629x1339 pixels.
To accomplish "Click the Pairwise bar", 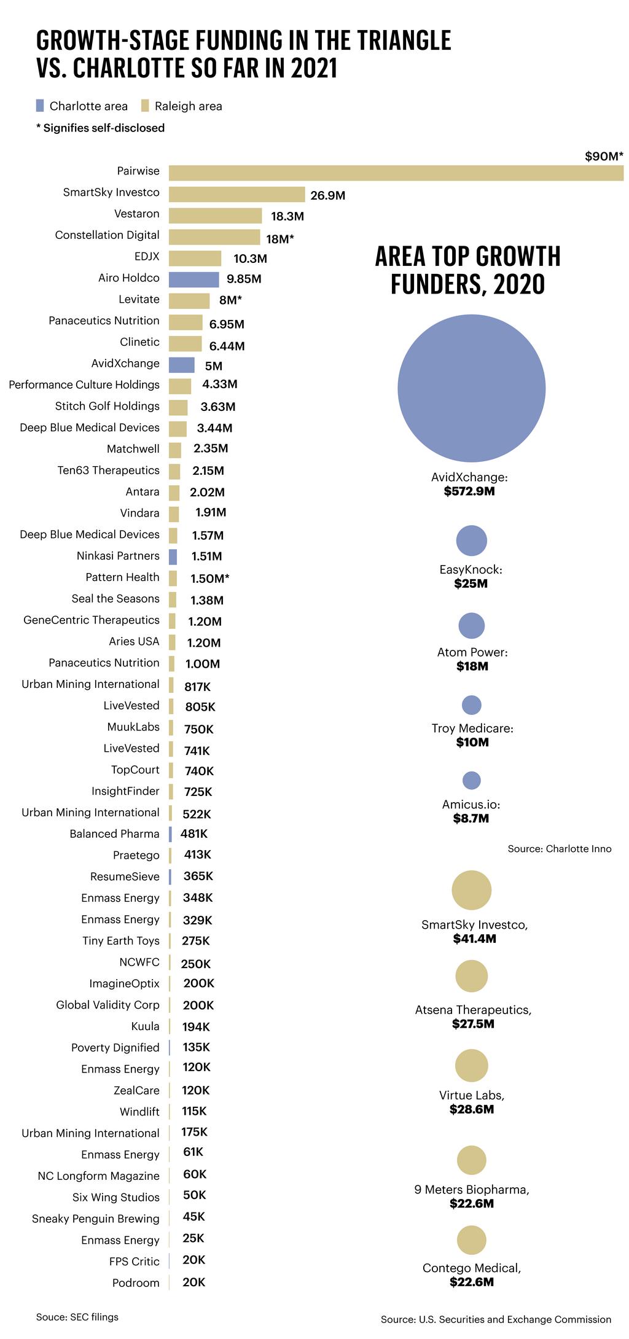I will coord(396,173).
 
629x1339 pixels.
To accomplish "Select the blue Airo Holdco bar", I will coord(193,279).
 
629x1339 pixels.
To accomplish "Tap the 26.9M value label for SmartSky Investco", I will coord(327,195).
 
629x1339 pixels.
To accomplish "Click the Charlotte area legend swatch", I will coord(40,106).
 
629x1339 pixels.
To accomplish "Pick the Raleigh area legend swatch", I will coord(145,106).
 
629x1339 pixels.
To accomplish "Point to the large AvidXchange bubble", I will coord(471,388).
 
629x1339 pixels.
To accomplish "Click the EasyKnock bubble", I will coord(471,541).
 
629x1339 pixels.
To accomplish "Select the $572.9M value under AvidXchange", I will coord(469,491).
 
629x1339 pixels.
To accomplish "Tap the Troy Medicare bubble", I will coord(471,705).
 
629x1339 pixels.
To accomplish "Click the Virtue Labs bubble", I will coord(471,1065).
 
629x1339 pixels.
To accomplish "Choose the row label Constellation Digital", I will coord(107,235).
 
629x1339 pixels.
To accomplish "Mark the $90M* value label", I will coord(604,156).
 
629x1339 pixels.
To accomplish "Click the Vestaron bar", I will coord(215,216).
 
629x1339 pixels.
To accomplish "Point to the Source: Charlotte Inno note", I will coord(559,848).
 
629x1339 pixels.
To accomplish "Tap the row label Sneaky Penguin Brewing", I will coord(95,1219).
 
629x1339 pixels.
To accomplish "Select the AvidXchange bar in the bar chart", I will coord(181,365).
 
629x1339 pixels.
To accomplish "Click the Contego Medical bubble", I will coord(471,1240).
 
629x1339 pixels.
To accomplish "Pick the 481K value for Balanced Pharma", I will coord(194,833).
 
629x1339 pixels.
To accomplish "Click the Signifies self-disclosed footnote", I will coord(101,128).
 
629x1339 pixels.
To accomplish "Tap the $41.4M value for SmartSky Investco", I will coord(474,939).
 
